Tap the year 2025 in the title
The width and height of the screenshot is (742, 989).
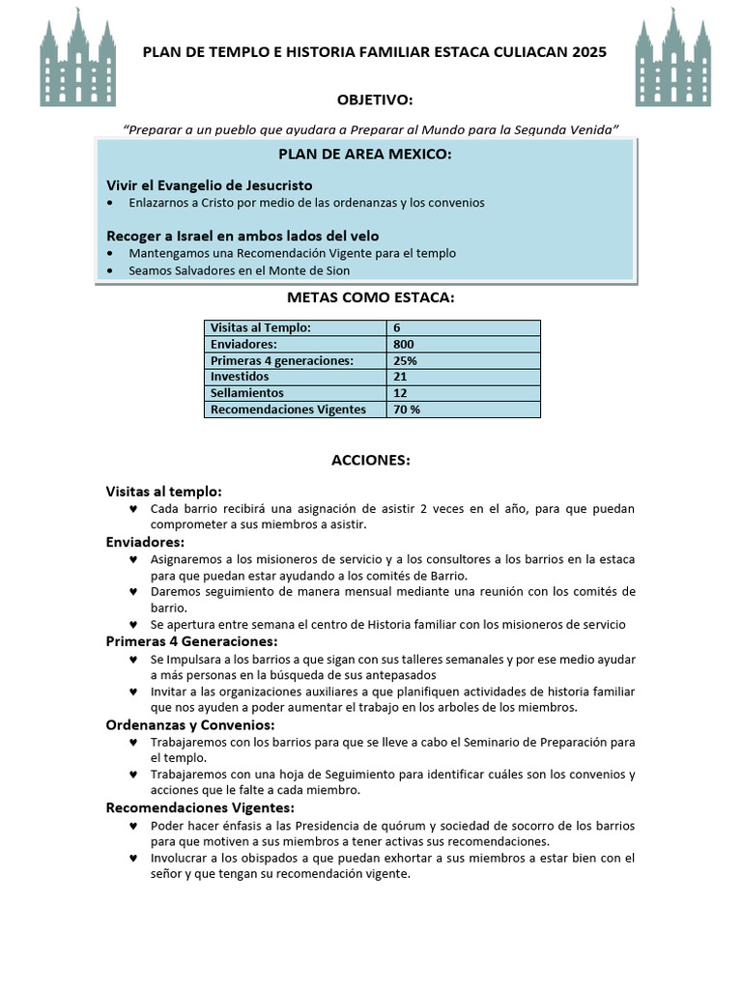589,53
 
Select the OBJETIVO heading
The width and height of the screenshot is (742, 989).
374,100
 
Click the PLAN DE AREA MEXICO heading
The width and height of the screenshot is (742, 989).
364,155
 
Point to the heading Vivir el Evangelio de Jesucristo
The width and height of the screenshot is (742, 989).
209,184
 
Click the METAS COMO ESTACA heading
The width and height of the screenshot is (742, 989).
370,297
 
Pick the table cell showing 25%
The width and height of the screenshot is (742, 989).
405,360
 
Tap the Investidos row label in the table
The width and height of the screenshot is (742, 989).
240,377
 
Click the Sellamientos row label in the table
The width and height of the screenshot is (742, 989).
247,393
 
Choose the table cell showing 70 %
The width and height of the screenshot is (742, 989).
407,410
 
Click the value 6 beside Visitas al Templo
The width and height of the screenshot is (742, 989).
397,327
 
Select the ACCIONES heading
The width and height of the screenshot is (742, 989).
371,461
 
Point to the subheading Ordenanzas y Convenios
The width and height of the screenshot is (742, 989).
190,724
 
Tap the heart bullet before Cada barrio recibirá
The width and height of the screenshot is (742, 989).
132,508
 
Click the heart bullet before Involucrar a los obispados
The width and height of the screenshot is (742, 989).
132,858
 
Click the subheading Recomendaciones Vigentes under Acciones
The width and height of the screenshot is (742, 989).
200,807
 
